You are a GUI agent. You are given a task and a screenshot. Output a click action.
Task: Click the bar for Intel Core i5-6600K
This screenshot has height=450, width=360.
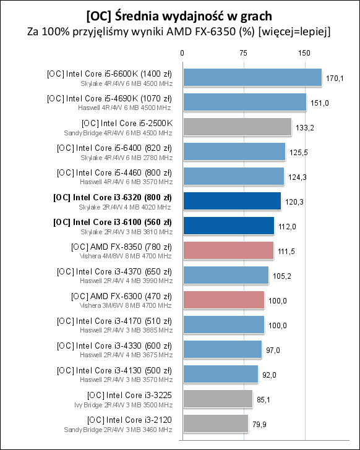click(x=252, y=77)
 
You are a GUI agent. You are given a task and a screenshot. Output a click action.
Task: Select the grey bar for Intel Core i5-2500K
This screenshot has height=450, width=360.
click(x=237, y=127)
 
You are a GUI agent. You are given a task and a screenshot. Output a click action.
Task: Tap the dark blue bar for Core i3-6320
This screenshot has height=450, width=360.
click(x=231, y=201)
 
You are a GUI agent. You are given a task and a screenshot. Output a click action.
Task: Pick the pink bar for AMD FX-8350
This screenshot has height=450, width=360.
click(x=228, y=250)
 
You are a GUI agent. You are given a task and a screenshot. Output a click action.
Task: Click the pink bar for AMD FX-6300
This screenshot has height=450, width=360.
click(x=223, y=300)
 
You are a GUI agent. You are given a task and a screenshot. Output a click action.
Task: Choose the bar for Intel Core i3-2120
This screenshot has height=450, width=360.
click(x=215, y=423)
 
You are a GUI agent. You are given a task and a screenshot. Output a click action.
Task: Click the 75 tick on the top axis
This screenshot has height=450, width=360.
click(x=243, y=54)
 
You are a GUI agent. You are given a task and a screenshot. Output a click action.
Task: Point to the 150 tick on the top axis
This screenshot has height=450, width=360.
click(x=304, y=54)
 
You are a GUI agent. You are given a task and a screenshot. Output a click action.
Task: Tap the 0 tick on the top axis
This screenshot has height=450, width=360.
click(x=182, y=54)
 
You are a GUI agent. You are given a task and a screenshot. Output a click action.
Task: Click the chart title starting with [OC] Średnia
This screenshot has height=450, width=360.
click(x=179, y=14)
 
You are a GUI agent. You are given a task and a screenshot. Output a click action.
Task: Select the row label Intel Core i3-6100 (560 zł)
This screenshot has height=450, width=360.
click(x=113, y=222)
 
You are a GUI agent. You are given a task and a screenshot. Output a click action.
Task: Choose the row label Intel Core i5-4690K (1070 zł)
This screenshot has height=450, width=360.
click(x=109, y=98)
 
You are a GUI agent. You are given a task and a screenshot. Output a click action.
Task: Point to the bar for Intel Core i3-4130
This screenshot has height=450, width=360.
click(x=220, y=374)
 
